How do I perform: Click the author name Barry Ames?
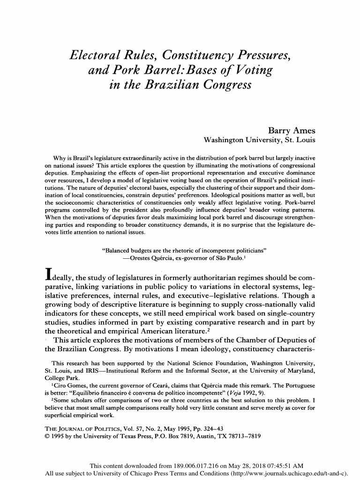tap(291, 130)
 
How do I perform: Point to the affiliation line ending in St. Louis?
tap(259, 140)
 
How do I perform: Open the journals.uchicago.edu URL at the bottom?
tap(296, 473)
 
